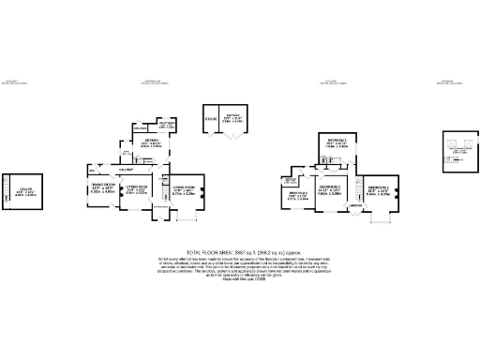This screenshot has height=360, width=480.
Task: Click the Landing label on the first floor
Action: (356, 204)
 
